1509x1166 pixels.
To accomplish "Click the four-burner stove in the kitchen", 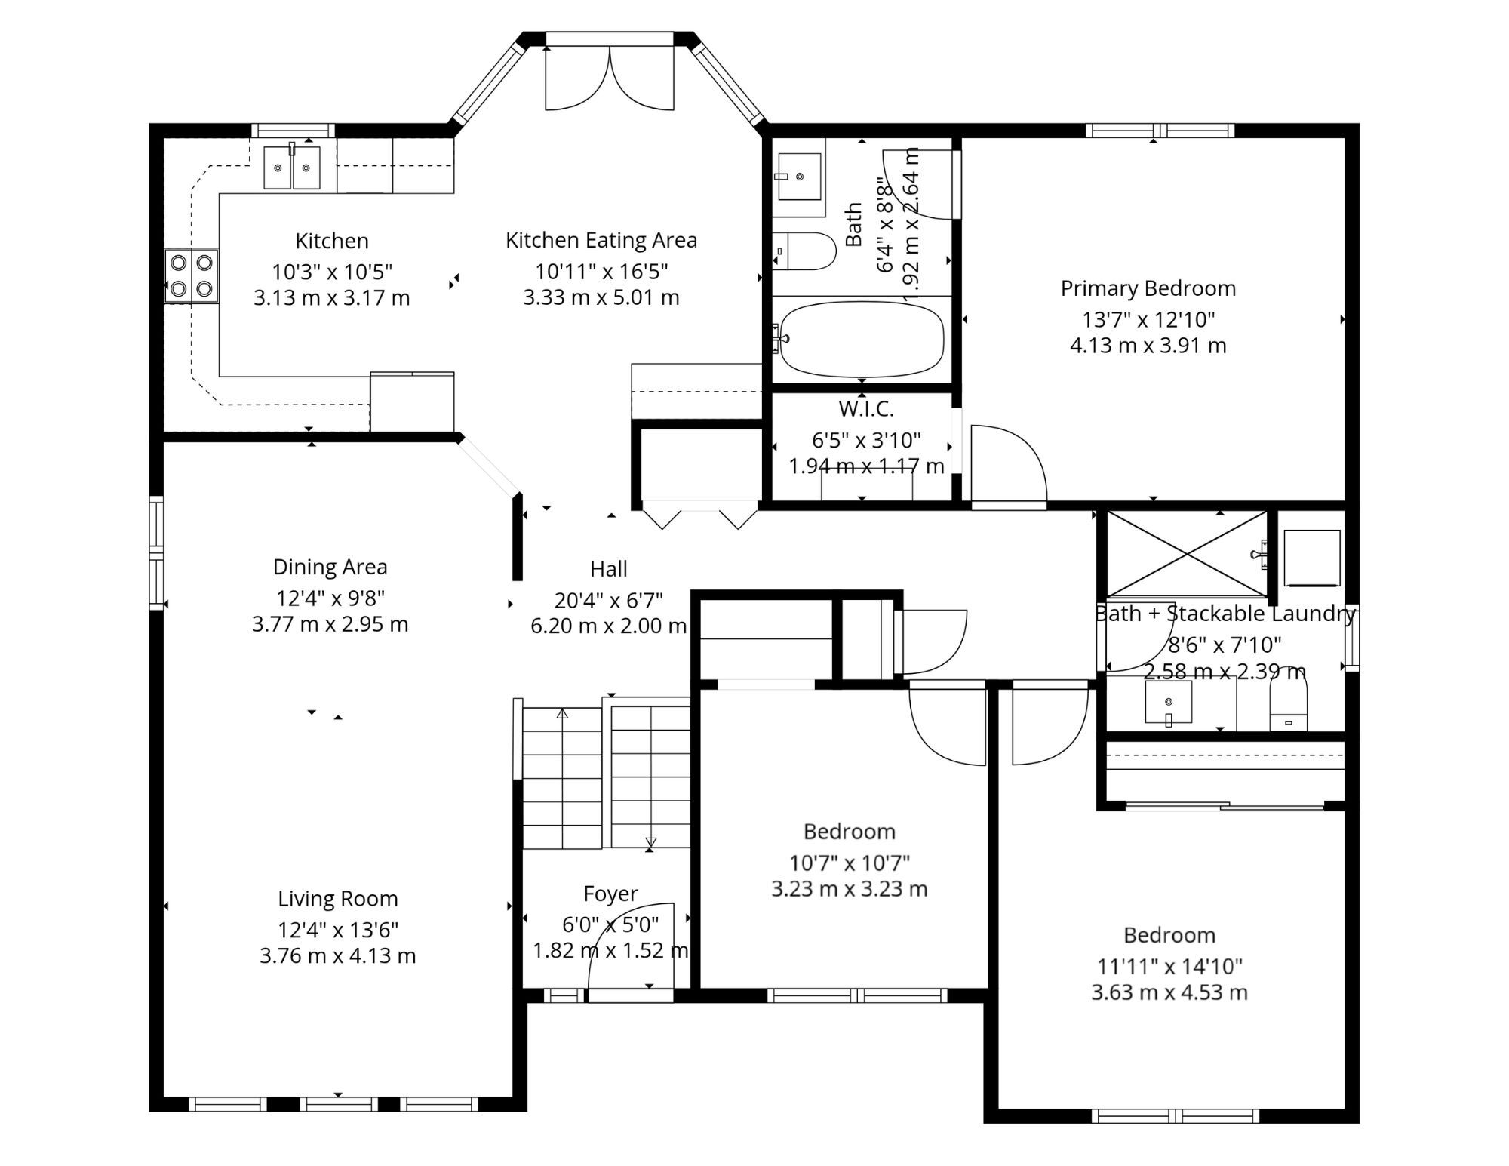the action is pos(192,275).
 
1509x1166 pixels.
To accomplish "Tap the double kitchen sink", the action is pos(292,168).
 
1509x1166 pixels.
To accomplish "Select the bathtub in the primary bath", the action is pos(862,339).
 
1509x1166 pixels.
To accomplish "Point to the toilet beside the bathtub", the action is pos(805,251).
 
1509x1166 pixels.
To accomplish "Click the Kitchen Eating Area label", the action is pos(601,240).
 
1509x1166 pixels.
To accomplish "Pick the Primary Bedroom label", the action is pos(1148,288).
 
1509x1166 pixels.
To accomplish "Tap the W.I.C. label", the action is pos(866,409).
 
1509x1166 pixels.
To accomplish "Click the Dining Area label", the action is pos(330,567).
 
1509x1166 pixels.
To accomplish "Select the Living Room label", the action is pos(337,898).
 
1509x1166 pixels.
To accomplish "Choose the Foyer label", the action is pos(610,894).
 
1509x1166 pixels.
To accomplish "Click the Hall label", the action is pos(609,569).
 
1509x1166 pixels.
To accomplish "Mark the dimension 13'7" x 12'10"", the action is pos(1148,319).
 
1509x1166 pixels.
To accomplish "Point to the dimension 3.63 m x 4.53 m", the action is pos(1169,992).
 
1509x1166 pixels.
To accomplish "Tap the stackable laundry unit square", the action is pos(1312,558).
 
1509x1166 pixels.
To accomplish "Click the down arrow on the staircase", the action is pos(650,841).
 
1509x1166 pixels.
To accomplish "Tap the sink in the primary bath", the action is pos(800,177).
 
